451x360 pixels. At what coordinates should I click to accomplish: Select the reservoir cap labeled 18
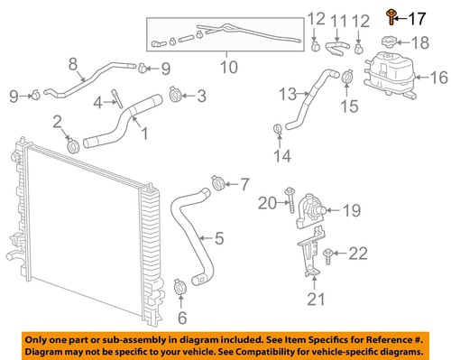(395, 43)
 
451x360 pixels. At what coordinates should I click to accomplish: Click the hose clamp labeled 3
(175, 93)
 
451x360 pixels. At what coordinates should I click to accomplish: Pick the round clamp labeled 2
(71, 143)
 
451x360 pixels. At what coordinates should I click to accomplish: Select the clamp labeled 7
(216, 186)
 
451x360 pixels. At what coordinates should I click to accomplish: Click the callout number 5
(218, 239)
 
